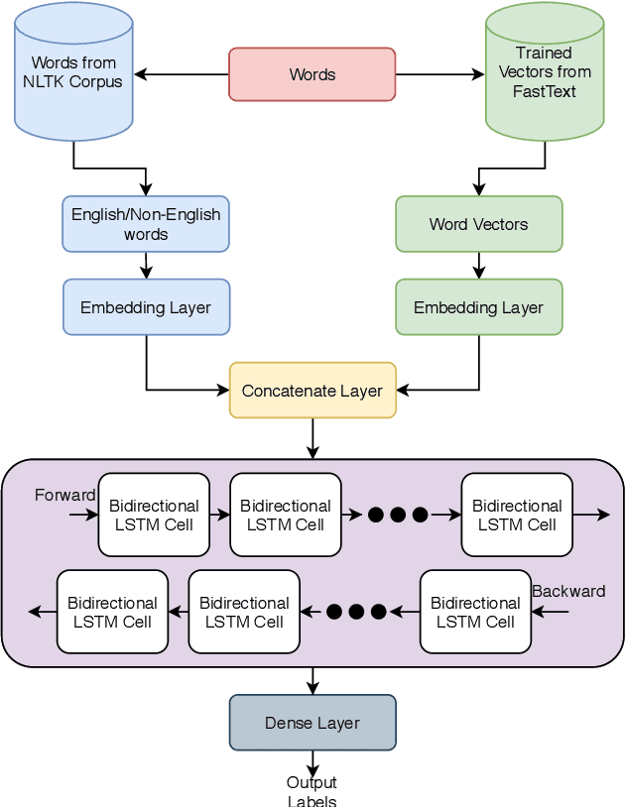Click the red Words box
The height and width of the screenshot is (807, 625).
pos(312,74)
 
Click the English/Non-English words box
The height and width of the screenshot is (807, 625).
pos(146,224)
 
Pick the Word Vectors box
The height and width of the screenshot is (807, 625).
pos(478,224)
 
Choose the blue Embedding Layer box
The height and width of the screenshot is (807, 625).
pos(146,307)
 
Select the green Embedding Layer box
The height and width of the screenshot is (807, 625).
pos(478,307)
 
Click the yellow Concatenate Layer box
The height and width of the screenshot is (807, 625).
pos(312,391)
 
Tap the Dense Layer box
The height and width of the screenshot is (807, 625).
pos(312,723)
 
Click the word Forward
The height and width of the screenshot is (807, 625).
pos(64,495)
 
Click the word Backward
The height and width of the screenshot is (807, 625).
pos(568,592)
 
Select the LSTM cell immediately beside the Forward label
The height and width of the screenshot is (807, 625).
pos(154,515)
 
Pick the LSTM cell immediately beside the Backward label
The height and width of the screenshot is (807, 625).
pos(475,612)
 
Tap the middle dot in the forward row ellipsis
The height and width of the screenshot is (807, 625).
pos(398,515)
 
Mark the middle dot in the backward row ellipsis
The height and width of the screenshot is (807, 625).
pos(356,612)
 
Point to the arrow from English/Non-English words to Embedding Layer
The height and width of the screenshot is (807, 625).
pos(146,266)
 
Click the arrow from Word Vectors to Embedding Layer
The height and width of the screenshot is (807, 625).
pos(478,266)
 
